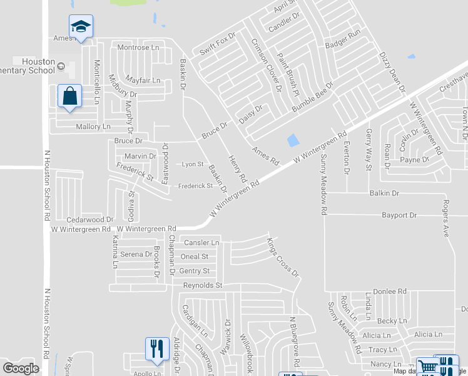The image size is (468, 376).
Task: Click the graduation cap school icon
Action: [x=81, y=27]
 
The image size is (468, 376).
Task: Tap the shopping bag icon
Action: [x=69, y=97]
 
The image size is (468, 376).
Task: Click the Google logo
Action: [x=21, y=368]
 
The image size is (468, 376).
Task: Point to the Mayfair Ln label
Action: [x=143, y=81]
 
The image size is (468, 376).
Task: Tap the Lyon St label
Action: [x=193, y=164]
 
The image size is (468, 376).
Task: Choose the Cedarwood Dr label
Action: [x=90, y=220]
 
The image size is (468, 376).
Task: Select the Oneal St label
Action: [x=194, y=257]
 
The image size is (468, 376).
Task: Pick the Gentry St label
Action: [x=194, y=271]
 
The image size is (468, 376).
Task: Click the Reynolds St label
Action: [x=203, y=286]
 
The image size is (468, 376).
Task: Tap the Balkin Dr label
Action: [x=384, y=194]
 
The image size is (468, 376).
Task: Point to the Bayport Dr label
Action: [x=399, y=216]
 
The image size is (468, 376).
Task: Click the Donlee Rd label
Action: [x=390, y=292]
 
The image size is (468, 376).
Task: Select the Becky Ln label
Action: [x=392, y=321]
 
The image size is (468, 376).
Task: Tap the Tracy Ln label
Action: [x=383, y=350]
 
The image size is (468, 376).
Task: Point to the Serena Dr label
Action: [x=136, y=254]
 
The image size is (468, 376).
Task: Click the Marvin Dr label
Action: [x=140, y=156]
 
